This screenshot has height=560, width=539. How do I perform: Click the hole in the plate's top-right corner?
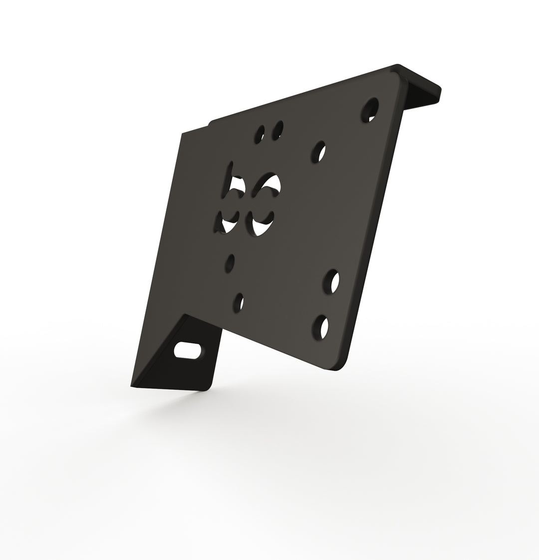coord(370,109)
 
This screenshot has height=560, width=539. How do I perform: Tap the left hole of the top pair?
coord(260,134)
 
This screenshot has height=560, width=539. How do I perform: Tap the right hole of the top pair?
coord(277,130)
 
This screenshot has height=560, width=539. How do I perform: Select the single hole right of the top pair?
coord(319,152)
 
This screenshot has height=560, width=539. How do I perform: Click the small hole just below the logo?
coord(230,263)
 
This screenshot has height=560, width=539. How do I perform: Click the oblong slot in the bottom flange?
coord(187,350)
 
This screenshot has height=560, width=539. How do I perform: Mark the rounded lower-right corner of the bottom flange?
coord(208,387)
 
